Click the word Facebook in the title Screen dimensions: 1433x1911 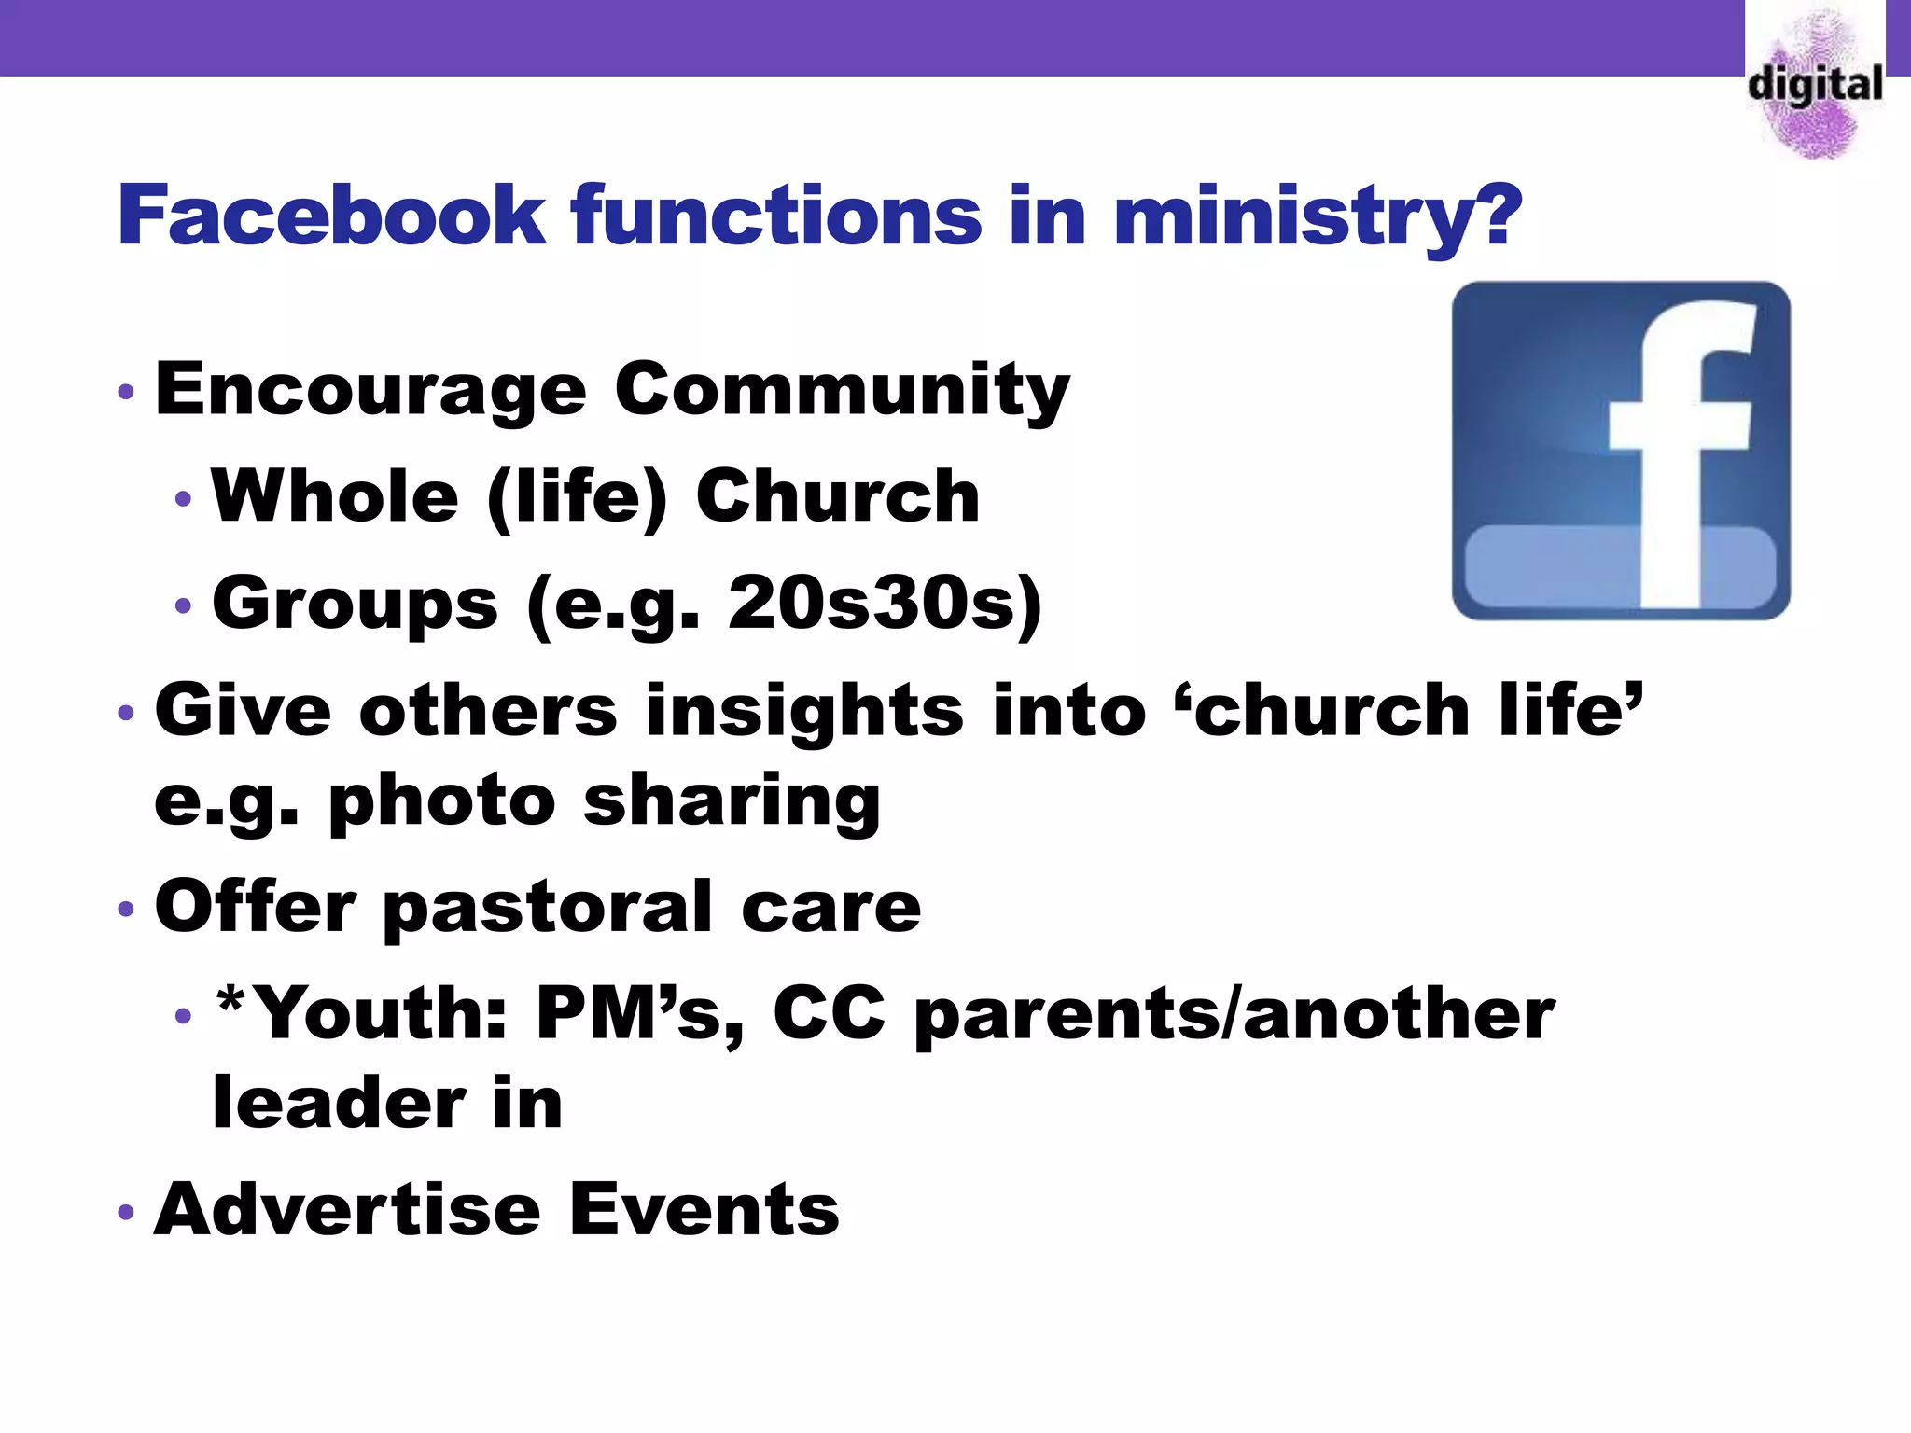[x=331, y=216]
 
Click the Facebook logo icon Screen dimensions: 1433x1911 [x=1621, y=451]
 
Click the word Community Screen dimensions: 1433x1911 [x=842, y=390]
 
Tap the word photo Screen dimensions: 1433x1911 [x=442, y=800]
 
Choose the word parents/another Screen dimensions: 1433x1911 [x=1234, y=1015]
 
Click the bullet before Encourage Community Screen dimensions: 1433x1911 [x=127, y=392]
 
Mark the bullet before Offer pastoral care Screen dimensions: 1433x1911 [x=127, y=909]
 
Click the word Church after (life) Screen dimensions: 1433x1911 [x=838, y=496]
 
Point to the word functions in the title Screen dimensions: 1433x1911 [x=776, y=216]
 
